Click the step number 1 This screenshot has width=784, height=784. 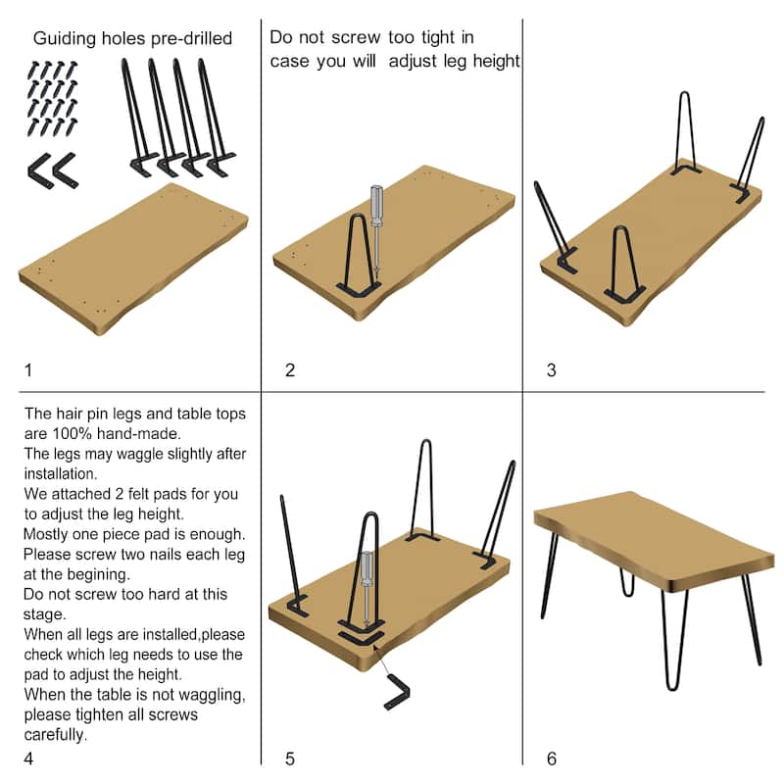point(28,370)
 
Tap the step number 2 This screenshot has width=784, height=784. point(290,370)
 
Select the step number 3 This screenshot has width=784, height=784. point(551,370)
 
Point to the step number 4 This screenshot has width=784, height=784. point(28,759)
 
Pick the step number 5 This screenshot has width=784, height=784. point(290,759)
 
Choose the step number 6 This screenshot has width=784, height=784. point(552,759)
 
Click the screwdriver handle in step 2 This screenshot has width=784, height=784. point(376,205)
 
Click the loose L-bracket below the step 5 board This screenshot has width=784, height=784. point(398,692)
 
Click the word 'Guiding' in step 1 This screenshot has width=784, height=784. point(64,38)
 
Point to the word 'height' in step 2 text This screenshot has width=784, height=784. point(496,61)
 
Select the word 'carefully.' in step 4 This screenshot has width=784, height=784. point(56,735)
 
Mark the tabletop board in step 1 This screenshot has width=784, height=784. point(133,259)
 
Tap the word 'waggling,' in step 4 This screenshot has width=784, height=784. point(212,696)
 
